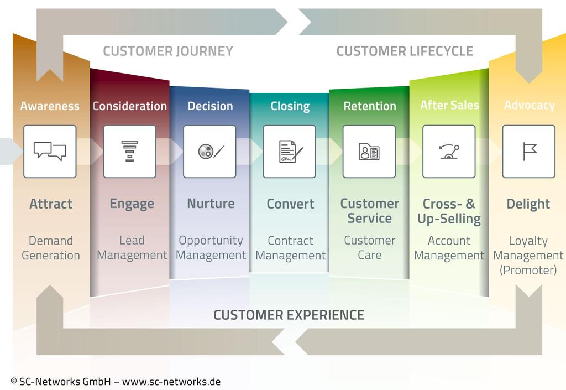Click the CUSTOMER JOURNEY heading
pos(168,51)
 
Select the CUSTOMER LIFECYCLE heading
pos(405,51)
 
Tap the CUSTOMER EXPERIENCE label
pos(289,315)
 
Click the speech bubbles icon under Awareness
pos(50,151)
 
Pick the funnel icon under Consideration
pos(129,151)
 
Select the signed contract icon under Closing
pos(290,151)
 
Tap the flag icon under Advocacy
pos(529,151)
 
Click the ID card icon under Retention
pos(369,151)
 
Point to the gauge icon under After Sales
pos(449,151)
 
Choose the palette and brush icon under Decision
pos(210,151)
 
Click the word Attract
pos(51,204)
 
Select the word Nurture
pos(211,204)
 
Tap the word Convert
pos(290,204)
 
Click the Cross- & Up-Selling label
pos(449,211)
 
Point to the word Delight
pos(528,204)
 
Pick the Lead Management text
pos(132,248)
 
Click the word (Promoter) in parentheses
pos(528,270)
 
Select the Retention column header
pos(370,106)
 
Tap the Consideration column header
pos(129,106)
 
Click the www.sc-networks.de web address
pos(171,382)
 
